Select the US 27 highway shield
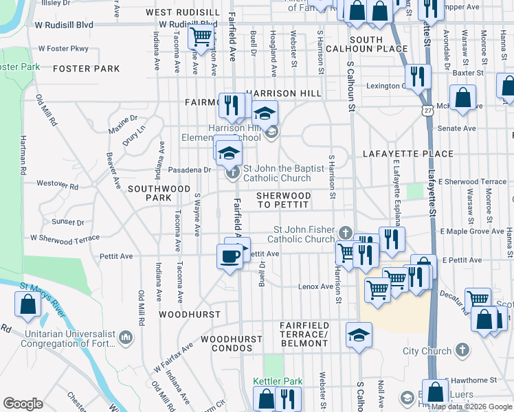tap(428, 110)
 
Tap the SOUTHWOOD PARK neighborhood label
tap(159, 193)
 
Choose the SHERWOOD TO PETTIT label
tap(283, 201)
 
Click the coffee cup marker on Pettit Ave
tap(230, 256)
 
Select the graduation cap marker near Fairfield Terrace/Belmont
tap(358, 336)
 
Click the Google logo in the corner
tap(23, 404)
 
